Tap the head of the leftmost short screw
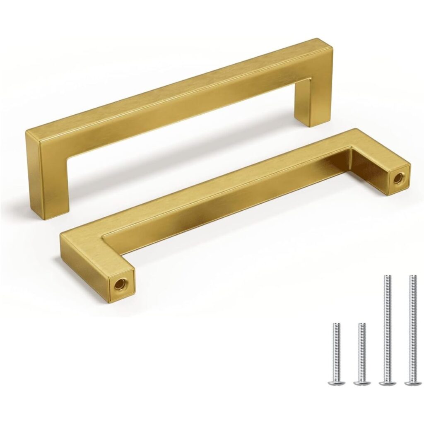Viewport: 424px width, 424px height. click(x=336, y=382)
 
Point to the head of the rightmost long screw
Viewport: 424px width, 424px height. click(x=413, y=382)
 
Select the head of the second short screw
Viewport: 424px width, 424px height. click(x=362, y=382)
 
